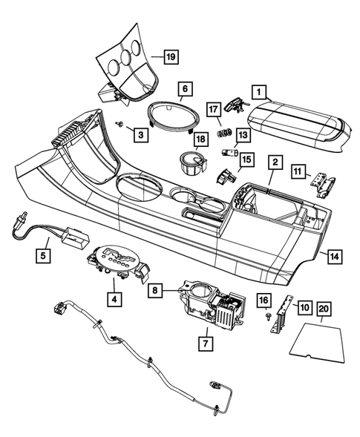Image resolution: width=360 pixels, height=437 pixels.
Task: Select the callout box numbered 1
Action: tap(259, 91)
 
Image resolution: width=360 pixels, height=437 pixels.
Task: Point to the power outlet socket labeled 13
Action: tap(227, 153)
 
